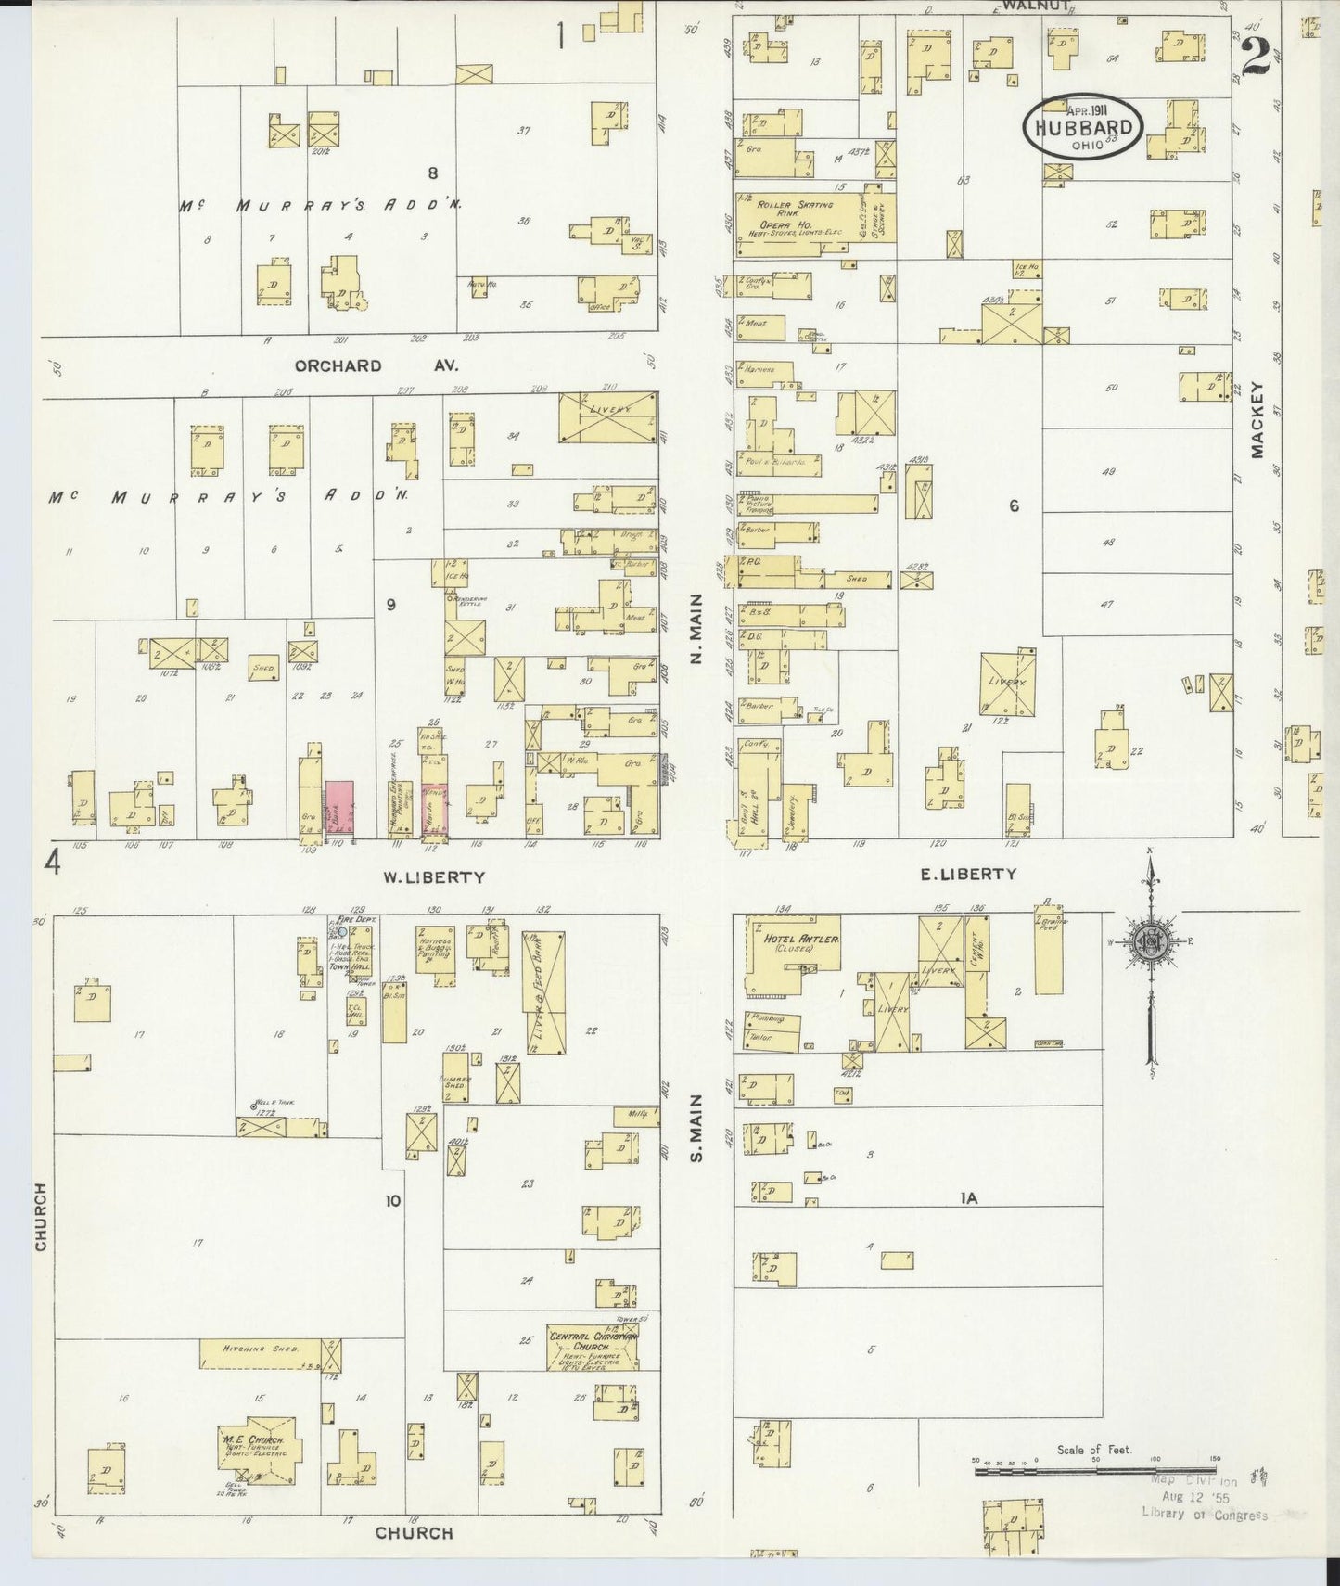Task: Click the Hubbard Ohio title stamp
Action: (1083, 128)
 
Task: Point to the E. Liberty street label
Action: (969, 874)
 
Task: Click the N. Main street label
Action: (696, 631)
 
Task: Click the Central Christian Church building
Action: (591, 1346)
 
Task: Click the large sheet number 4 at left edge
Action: (53, 863)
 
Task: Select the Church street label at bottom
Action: (414, 1532)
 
